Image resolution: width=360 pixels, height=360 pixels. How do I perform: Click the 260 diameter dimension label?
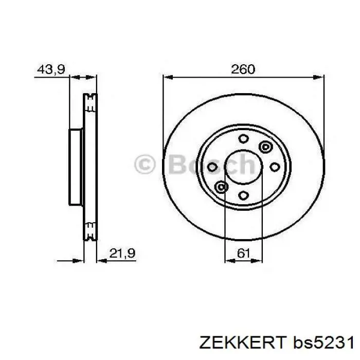click(x=243, y=69)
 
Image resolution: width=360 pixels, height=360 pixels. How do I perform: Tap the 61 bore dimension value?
click(x=244, y=253)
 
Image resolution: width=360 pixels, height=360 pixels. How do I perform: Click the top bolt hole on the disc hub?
click(x=243, y=138)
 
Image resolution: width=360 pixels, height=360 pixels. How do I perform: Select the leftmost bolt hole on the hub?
click(x=212, y=167)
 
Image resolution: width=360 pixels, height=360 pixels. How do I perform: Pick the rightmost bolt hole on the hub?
click(x=275, y=167)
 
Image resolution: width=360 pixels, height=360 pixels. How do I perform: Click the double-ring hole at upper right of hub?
click(x=265, y=147)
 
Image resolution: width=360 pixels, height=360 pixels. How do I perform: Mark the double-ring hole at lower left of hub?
click(x=222, y=186)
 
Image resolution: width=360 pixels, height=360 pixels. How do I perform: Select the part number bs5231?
click(x=321, y=342)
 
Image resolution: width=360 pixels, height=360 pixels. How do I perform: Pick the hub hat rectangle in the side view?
click(x=76, y=167)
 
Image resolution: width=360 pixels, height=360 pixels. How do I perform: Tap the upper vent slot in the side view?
click(x=91, y=102)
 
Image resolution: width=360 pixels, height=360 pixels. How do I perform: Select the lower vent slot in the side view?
click(x=91, y=231)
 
